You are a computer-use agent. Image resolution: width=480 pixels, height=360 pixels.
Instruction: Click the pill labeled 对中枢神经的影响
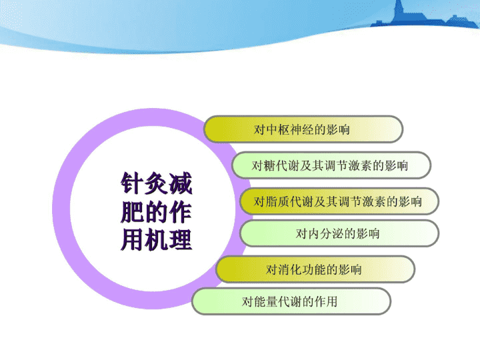tap(303, 129)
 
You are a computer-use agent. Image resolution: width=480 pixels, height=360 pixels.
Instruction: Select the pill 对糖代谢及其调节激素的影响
tap(331, 165)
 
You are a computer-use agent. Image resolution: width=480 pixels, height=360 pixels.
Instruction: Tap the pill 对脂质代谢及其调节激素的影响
tap(339, 201)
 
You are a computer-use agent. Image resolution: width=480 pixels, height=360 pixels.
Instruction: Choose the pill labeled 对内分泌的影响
tap(339, 233)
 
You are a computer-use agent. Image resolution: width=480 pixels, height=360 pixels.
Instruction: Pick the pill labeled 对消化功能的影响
tap(315, 269)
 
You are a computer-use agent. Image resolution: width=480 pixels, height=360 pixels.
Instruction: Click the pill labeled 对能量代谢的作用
tap(291, 301)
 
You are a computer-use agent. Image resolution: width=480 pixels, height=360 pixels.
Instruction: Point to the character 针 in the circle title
tap(132, 183)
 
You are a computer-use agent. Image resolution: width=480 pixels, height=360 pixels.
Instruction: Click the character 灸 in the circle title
tap(156, 183)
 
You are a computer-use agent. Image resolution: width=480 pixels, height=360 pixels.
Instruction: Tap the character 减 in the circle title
tap(181, 183)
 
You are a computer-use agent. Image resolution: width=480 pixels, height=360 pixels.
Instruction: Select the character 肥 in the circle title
tap(132, 211)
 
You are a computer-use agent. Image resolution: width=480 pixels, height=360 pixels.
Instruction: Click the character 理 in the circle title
tap(181, 240)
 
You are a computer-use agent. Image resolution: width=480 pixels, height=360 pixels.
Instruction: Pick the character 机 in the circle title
tap(156, 240)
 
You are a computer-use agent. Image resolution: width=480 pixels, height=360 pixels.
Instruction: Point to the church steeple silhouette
tap(399, 11)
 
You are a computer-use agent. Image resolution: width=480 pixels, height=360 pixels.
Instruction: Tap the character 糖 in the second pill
tap(270, 165)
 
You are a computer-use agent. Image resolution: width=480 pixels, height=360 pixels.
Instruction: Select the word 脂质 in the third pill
tap(277, 202)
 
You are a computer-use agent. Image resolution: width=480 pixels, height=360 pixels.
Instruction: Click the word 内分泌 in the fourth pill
tap(325, 234)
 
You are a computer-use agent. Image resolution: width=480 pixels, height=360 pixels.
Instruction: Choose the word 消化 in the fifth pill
tap(289, 270)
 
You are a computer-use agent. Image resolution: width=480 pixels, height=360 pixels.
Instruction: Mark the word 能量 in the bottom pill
tap(266, 302)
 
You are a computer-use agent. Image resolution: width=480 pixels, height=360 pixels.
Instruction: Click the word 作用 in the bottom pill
tap(326, 302)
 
